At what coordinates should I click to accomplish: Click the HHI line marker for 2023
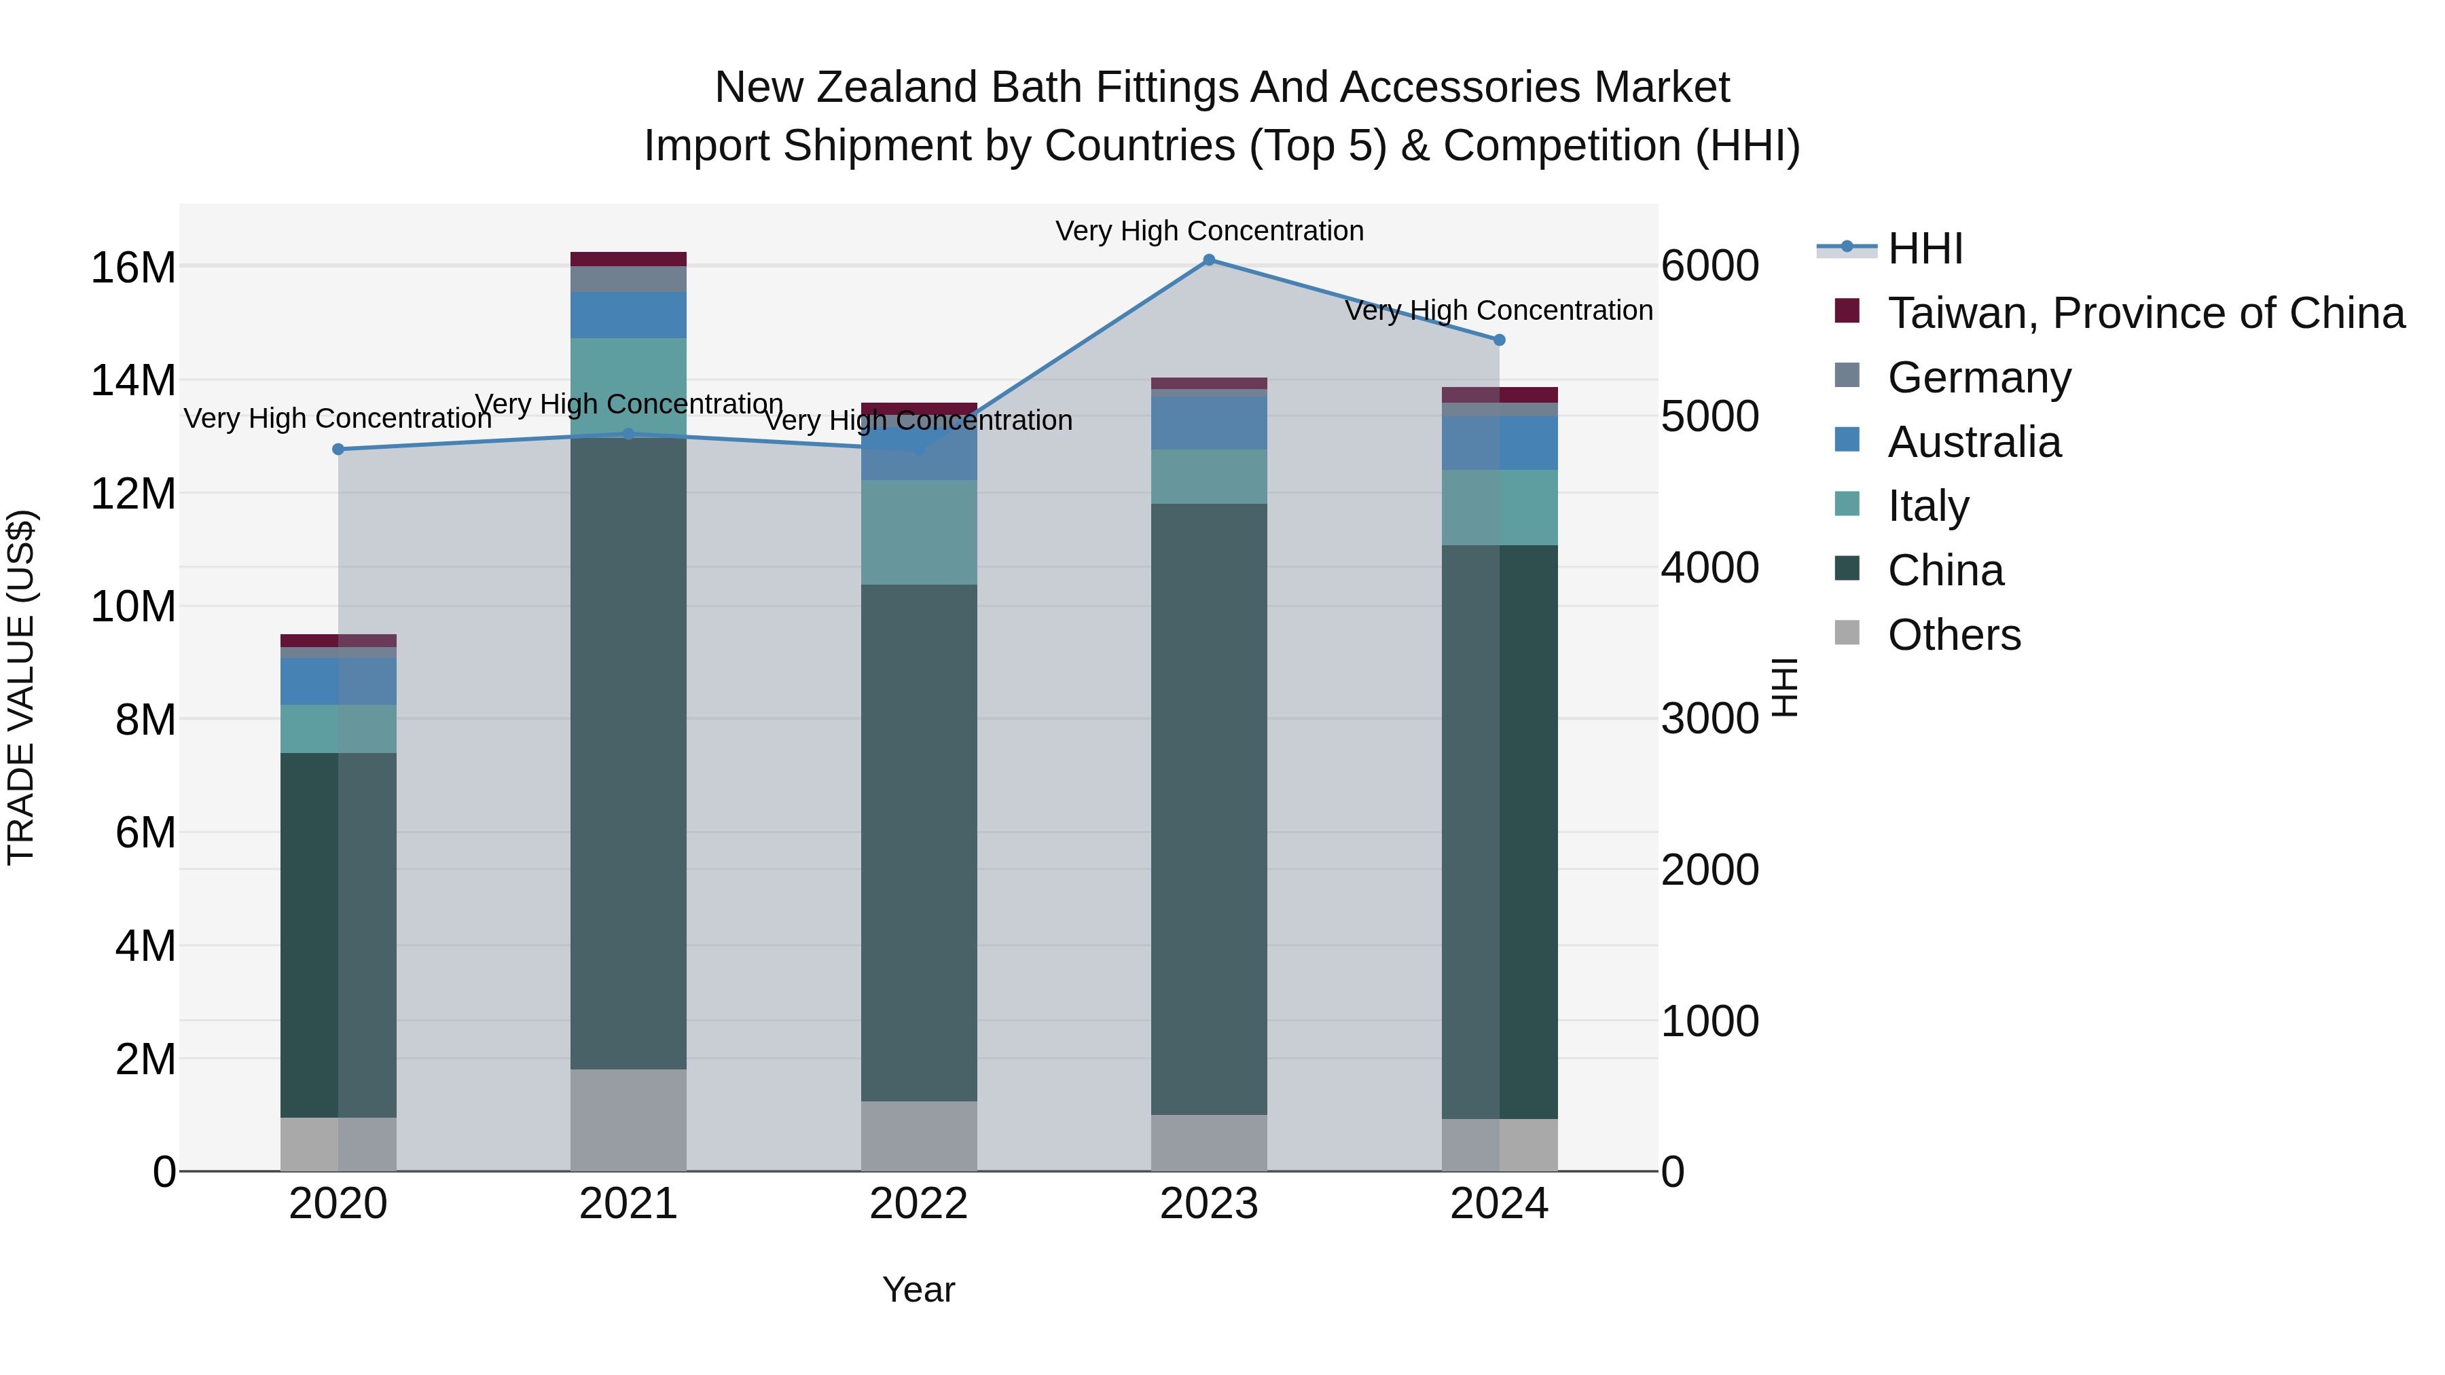tap(1208, 259)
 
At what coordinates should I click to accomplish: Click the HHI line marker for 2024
tap(1499, 340)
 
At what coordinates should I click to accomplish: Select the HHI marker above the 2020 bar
tap(338, 449)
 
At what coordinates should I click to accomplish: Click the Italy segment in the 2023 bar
tap(1208, 477)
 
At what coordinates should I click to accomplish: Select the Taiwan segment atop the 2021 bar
tap(628, 259)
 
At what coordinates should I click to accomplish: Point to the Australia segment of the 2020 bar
tap(338, 680)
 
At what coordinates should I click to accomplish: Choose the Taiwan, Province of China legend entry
tap(2145, 313)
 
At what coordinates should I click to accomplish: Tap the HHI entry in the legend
tap(1925, 249)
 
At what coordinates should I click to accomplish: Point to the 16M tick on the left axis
tap(133, 268)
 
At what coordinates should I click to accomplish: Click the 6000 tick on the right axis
tap(1709, 265)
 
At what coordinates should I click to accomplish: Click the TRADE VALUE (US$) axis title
tap(22, 687)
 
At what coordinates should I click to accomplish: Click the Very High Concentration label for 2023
tap(1208, 231)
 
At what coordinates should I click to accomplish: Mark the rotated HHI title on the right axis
tap(1784, 687)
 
